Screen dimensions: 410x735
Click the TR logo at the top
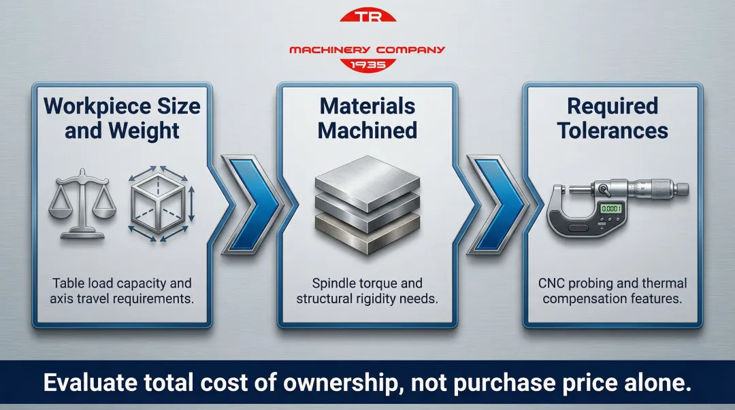(x=367, y=16)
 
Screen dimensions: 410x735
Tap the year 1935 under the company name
(x=367, y=65)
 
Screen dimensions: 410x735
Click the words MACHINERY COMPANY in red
(x=367, y=50)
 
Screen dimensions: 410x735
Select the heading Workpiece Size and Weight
(x=122, y=118)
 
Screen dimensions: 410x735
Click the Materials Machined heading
(x=367, y=118)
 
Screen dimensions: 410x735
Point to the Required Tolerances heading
(x=612, y=118)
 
